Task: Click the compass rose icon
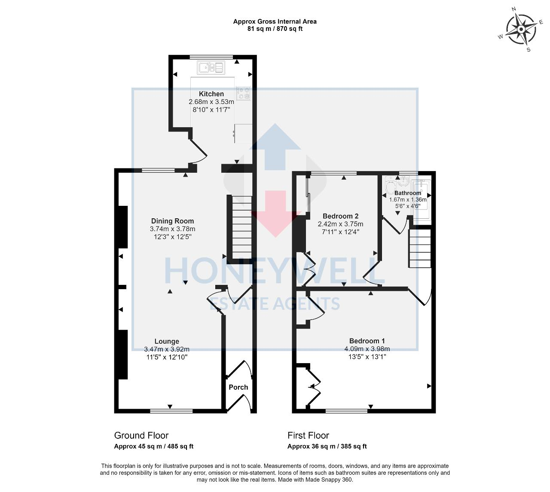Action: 520,29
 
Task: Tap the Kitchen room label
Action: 211,94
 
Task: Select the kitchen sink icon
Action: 211,67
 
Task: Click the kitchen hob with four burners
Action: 243,93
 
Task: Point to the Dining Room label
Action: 172,221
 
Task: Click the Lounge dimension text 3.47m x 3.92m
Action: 167,349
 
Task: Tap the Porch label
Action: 238,387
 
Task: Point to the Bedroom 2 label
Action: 340,216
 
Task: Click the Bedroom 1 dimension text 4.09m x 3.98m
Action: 367,349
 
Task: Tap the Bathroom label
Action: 408,193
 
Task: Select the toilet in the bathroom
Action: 391,186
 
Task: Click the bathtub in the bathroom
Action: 421,200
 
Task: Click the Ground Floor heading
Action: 141,435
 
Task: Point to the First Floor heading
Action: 308,435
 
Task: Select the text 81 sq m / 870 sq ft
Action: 275,29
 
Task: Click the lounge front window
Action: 170,411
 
